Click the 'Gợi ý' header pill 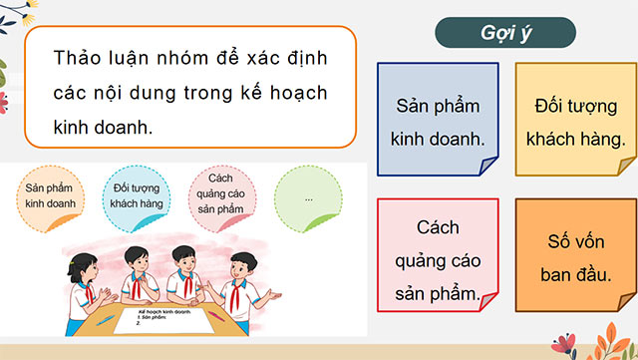tap(504, 31)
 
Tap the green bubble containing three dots tap(309, 196)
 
